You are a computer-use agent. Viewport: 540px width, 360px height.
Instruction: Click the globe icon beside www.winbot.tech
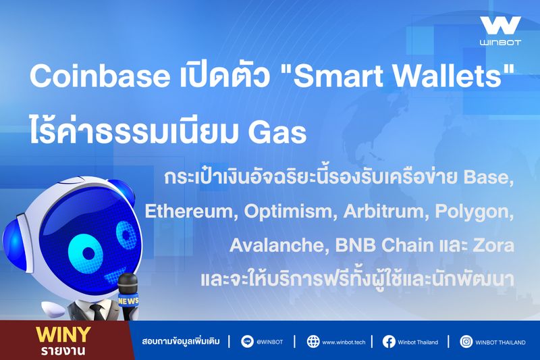click(x=313, y=342)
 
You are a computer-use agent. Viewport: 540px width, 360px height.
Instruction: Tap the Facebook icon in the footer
click(x=389, y=342)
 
